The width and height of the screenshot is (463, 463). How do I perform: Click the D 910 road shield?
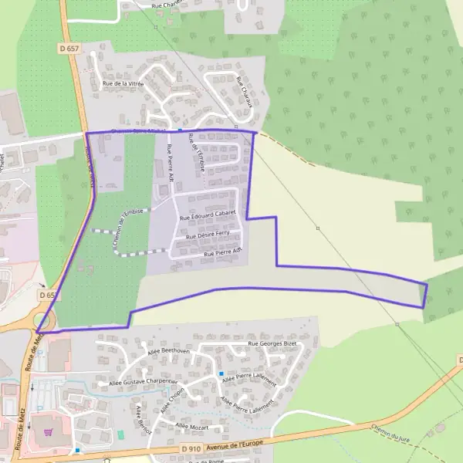click(x=191, y=448)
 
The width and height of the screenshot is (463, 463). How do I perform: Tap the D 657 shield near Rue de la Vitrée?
click(x=69, y=48)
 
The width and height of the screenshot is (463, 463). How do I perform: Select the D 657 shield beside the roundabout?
click(x=48, y=295)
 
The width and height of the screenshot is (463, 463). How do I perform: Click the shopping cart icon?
click(x=49, y=432)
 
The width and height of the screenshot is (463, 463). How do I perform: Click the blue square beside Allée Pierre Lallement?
click(x=221, y=373)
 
